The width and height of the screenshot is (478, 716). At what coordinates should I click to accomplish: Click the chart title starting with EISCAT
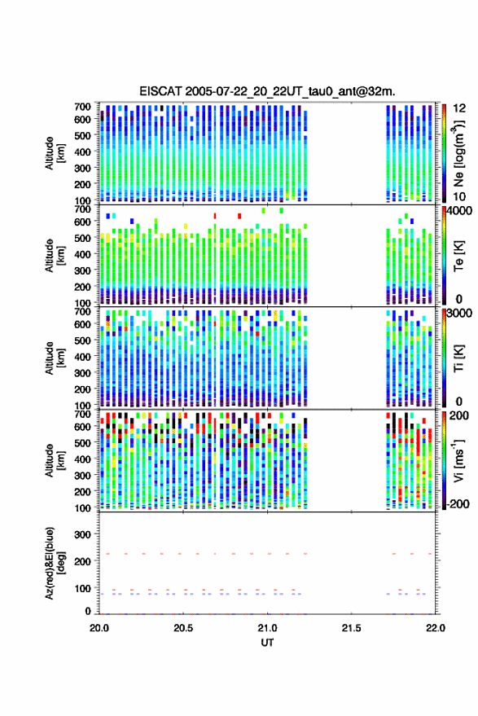267,91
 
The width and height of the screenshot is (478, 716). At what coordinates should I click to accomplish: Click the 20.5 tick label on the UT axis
183,628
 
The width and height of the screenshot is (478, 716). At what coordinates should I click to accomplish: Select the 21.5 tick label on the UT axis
351,628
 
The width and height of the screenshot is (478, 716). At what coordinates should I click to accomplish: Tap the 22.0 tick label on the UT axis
436,628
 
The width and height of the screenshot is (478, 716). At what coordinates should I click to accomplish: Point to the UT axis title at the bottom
267,643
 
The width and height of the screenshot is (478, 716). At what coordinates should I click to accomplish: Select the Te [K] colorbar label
458,256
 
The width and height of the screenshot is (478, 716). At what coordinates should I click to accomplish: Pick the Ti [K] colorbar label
458,358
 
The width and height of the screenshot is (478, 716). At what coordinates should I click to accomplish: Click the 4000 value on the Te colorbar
460,211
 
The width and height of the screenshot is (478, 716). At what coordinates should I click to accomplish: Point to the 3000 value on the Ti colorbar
460,314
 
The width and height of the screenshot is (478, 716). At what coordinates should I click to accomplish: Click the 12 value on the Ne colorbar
459,108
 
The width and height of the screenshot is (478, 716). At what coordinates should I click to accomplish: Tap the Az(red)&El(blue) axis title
55,563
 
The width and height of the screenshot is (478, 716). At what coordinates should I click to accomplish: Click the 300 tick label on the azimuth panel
82,534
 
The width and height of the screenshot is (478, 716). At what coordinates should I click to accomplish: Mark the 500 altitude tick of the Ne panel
82,135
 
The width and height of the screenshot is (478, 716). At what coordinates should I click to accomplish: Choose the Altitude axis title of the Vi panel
55,460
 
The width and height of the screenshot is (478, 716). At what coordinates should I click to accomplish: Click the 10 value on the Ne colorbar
459,197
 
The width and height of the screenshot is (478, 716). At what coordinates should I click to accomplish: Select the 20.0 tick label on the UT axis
99,628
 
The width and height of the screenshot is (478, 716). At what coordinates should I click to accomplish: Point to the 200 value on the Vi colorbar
459,415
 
